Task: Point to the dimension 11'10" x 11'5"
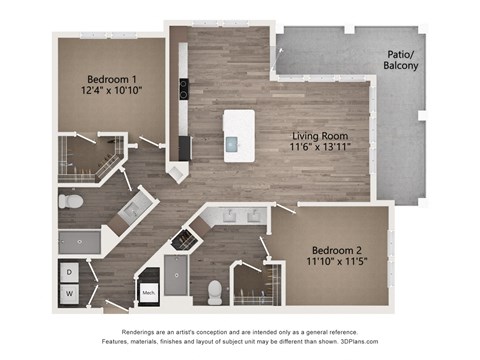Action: (331, 262)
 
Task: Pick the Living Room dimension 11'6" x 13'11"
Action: (320, 147)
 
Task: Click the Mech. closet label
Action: (148, 293)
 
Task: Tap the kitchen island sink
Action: (237, 143)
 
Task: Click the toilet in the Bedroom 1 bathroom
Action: (70, 202)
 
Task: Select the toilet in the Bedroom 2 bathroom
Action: (214, 291)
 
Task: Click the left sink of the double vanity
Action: (227, 214)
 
